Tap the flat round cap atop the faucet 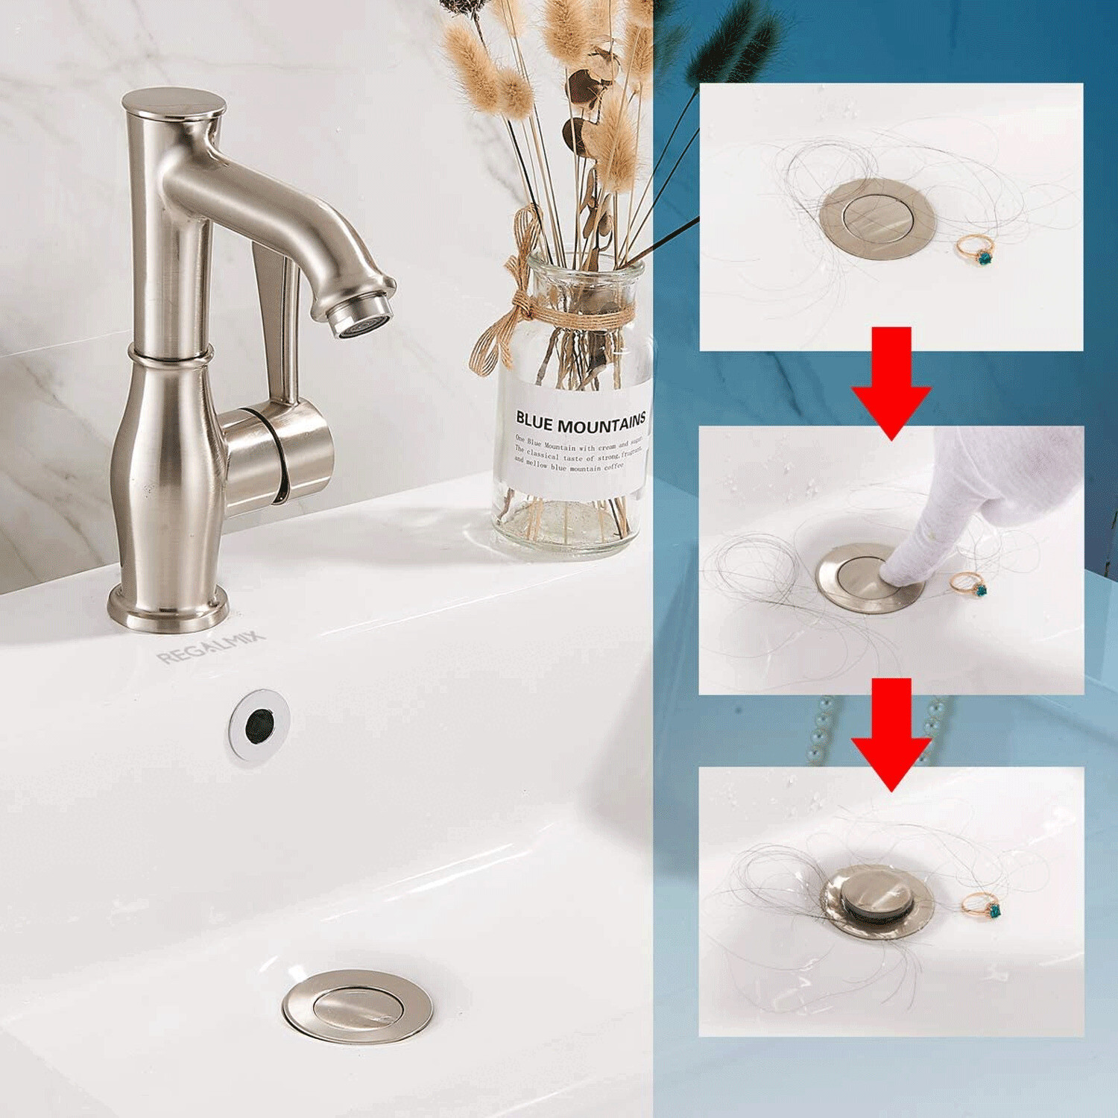tap(174, 102)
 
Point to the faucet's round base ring tap(167, 610)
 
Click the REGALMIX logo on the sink tap(211, 647)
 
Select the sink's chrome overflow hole tap(259, 724)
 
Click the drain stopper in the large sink tap(357, 1005)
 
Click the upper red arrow tap(891, 380)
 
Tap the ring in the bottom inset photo tap(982, 905)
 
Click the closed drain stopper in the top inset tap(877, 218)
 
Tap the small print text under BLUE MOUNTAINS tap(577, 454)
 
